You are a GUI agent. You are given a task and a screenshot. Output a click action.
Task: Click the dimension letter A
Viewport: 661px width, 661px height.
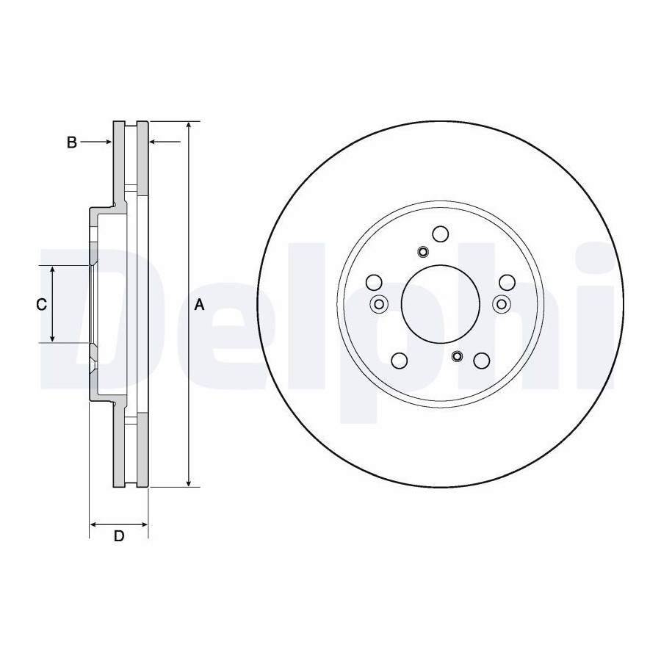(x=199, y=304)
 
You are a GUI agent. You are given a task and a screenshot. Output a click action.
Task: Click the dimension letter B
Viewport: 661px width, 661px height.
(x=72, y=142)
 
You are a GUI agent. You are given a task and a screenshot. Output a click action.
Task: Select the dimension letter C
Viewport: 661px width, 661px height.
(x=41, y=304)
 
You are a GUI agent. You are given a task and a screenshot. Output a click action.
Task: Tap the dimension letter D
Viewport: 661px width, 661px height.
(x=119, y=536)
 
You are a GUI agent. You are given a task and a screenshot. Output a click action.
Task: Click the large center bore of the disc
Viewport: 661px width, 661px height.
(x=440, y=304)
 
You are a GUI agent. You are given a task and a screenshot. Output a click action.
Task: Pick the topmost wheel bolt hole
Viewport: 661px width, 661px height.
(x=441, y=234)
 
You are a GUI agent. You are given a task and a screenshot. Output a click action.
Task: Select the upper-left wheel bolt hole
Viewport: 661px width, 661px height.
(x=374, y=283)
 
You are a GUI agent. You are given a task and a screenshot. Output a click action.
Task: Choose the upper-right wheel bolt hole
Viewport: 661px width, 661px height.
(x=507, y=283)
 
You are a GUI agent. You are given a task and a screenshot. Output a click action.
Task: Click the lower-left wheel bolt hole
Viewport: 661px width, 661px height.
(x=400, y=361)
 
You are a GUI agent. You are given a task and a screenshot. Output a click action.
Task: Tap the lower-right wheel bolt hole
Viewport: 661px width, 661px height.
(x=481, y=361)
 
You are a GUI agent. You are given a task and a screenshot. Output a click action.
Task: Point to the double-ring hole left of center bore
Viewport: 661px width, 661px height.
(x=379, y=304)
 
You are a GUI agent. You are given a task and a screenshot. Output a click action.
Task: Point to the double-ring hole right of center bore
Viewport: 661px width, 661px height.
(x=501, y=304)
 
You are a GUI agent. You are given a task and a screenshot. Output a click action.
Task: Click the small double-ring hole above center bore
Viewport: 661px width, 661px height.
(x=422, y=252)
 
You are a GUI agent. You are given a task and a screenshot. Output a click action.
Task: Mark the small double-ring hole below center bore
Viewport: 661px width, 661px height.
(x=457, y=356)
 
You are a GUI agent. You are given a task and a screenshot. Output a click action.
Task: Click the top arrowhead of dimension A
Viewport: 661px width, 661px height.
(x=189, y=125)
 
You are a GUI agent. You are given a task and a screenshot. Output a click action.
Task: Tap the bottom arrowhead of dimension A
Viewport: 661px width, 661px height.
(x=189, y=483)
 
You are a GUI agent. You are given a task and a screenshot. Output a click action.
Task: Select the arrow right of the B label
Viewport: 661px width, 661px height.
(x=95, y=142)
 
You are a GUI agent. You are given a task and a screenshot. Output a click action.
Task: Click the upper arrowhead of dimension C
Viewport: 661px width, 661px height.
(x=52, y=270)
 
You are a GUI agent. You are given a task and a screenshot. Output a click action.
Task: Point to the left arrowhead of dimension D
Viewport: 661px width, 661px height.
(x=94, y=524)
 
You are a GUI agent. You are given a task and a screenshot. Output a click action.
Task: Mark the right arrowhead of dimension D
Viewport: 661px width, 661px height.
(x=144, y=524)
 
